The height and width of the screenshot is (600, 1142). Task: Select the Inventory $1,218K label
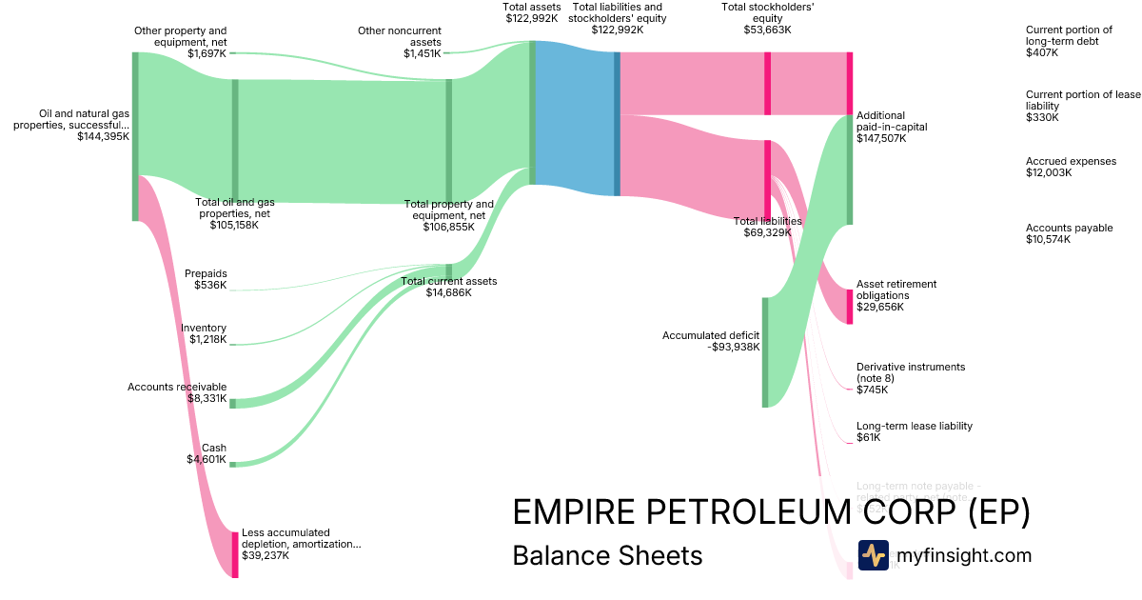pyautogui.click(x=204, y=334)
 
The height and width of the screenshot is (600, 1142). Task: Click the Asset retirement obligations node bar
pyautogui.click(x=850, y=307)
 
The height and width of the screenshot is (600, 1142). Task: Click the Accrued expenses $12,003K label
pyautogui.click(x=1071, y=167)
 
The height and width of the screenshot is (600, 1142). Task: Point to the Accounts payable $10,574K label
pyautogui.click(x=1069, y=233)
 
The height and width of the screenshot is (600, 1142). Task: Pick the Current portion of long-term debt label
pyautogui.click(x=1069, y=41)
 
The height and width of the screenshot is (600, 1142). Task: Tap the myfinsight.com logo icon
pyautogui.click(x=873, y=555)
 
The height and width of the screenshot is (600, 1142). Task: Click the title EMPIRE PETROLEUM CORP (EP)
pyautogui.click(x=771, y=512)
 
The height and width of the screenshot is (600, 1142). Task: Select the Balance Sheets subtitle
pyautogui.click(x=607, y=555)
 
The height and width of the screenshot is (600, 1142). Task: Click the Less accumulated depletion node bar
pyautogui.click(x=235, y=555)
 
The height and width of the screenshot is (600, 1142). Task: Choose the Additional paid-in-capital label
pyautogui.click(x=891, y=127)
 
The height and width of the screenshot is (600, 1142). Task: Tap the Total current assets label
pyautogui.click(x=448, y=287)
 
